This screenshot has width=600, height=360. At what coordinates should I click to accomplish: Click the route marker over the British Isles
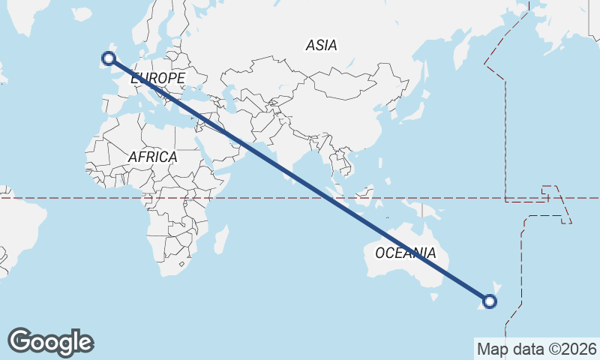(x=109, y=58)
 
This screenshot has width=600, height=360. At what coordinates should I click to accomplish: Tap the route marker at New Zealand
(x=490, y=301)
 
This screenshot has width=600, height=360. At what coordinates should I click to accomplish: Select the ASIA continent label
(x=321, y=46)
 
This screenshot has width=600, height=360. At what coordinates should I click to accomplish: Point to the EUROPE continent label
(x=157, y=78)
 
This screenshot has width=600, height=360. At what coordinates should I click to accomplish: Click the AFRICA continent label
(x=152, y=157)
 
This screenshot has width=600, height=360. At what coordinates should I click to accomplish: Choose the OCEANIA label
(x=405, y=253)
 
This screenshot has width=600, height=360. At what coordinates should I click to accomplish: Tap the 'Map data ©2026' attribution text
(x=536, y=349)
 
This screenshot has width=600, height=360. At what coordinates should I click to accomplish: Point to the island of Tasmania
(x=433, y=297)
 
